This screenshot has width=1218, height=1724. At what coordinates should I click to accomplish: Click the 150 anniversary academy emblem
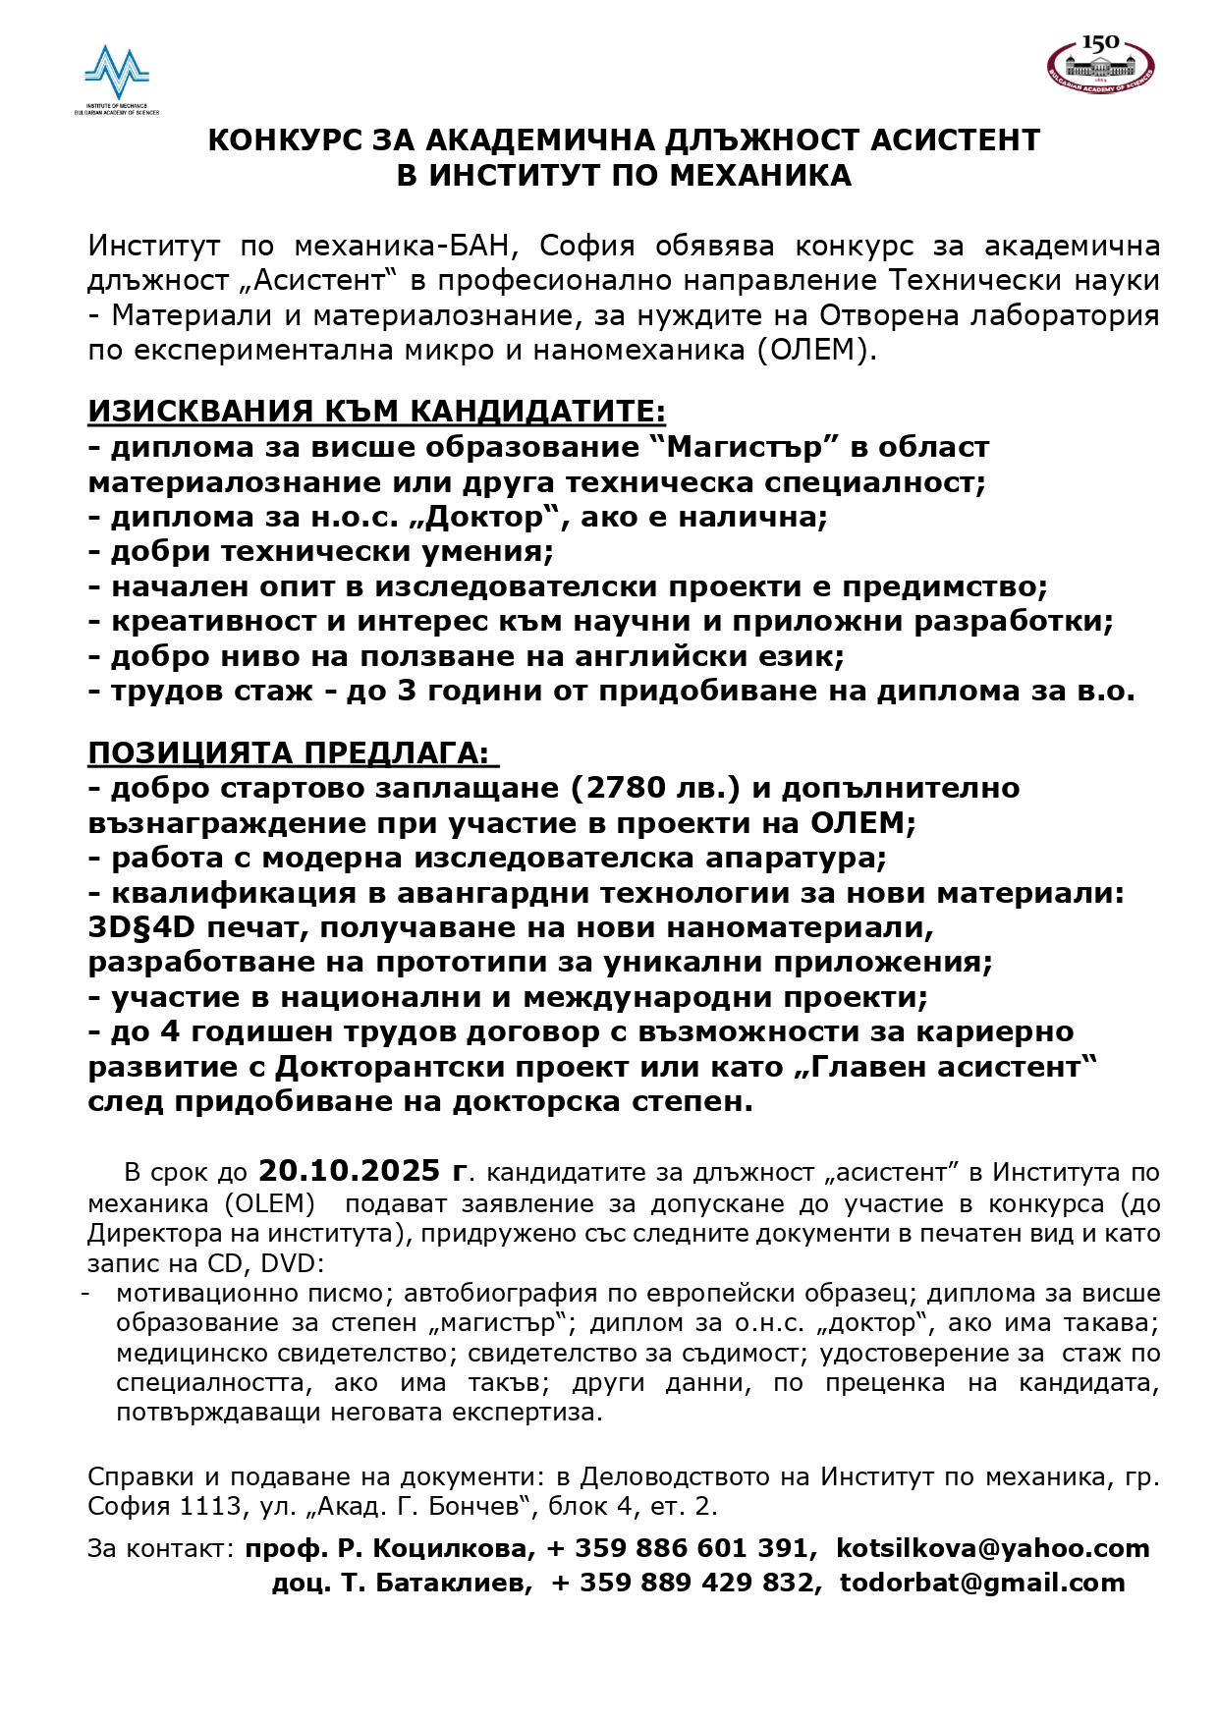point(1100,64)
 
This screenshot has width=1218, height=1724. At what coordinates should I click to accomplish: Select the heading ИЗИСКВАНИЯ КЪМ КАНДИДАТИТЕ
point(376,412)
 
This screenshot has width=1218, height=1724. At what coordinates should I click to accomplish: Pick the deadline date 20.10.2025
point(349,1171)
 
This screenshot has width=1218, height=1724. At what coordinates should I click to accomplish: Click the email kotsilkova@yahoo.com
point(992,1548)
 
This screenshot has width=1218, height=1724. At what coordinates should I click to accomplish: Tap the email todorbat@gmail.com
point(982,1583)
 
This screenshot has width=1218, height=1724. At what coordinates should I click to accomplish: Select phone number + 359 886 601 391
point(677,1548)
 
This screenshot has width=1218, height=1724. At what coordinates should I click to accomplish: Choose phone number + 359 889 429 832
point(683,1583)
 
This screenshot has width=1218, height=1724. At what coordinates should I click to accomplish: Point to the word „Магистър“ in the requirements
point(745,448)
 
